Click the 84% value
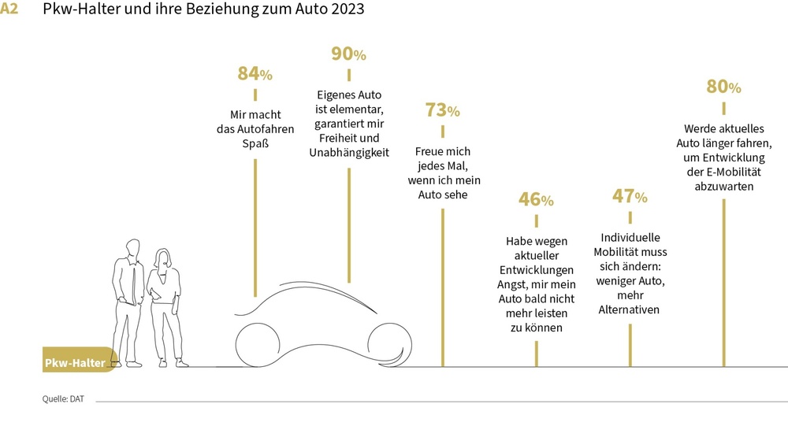click(x=255, y=74)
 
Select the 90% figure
click(x=348, y=54)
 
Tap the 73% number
click(x=442, y=110)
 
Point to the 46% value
click(x=536, y=199)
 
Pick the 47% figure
click(x=630, y=196)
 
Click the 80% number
click(x=723, y=87)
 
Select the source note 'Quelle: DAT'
click(x=63, y=399)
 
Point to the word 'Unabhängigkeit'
click(x=348, y=153)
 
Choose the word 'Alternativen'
click(x=630, y=310)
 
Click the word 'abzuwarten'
click(x=723, y=187)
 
